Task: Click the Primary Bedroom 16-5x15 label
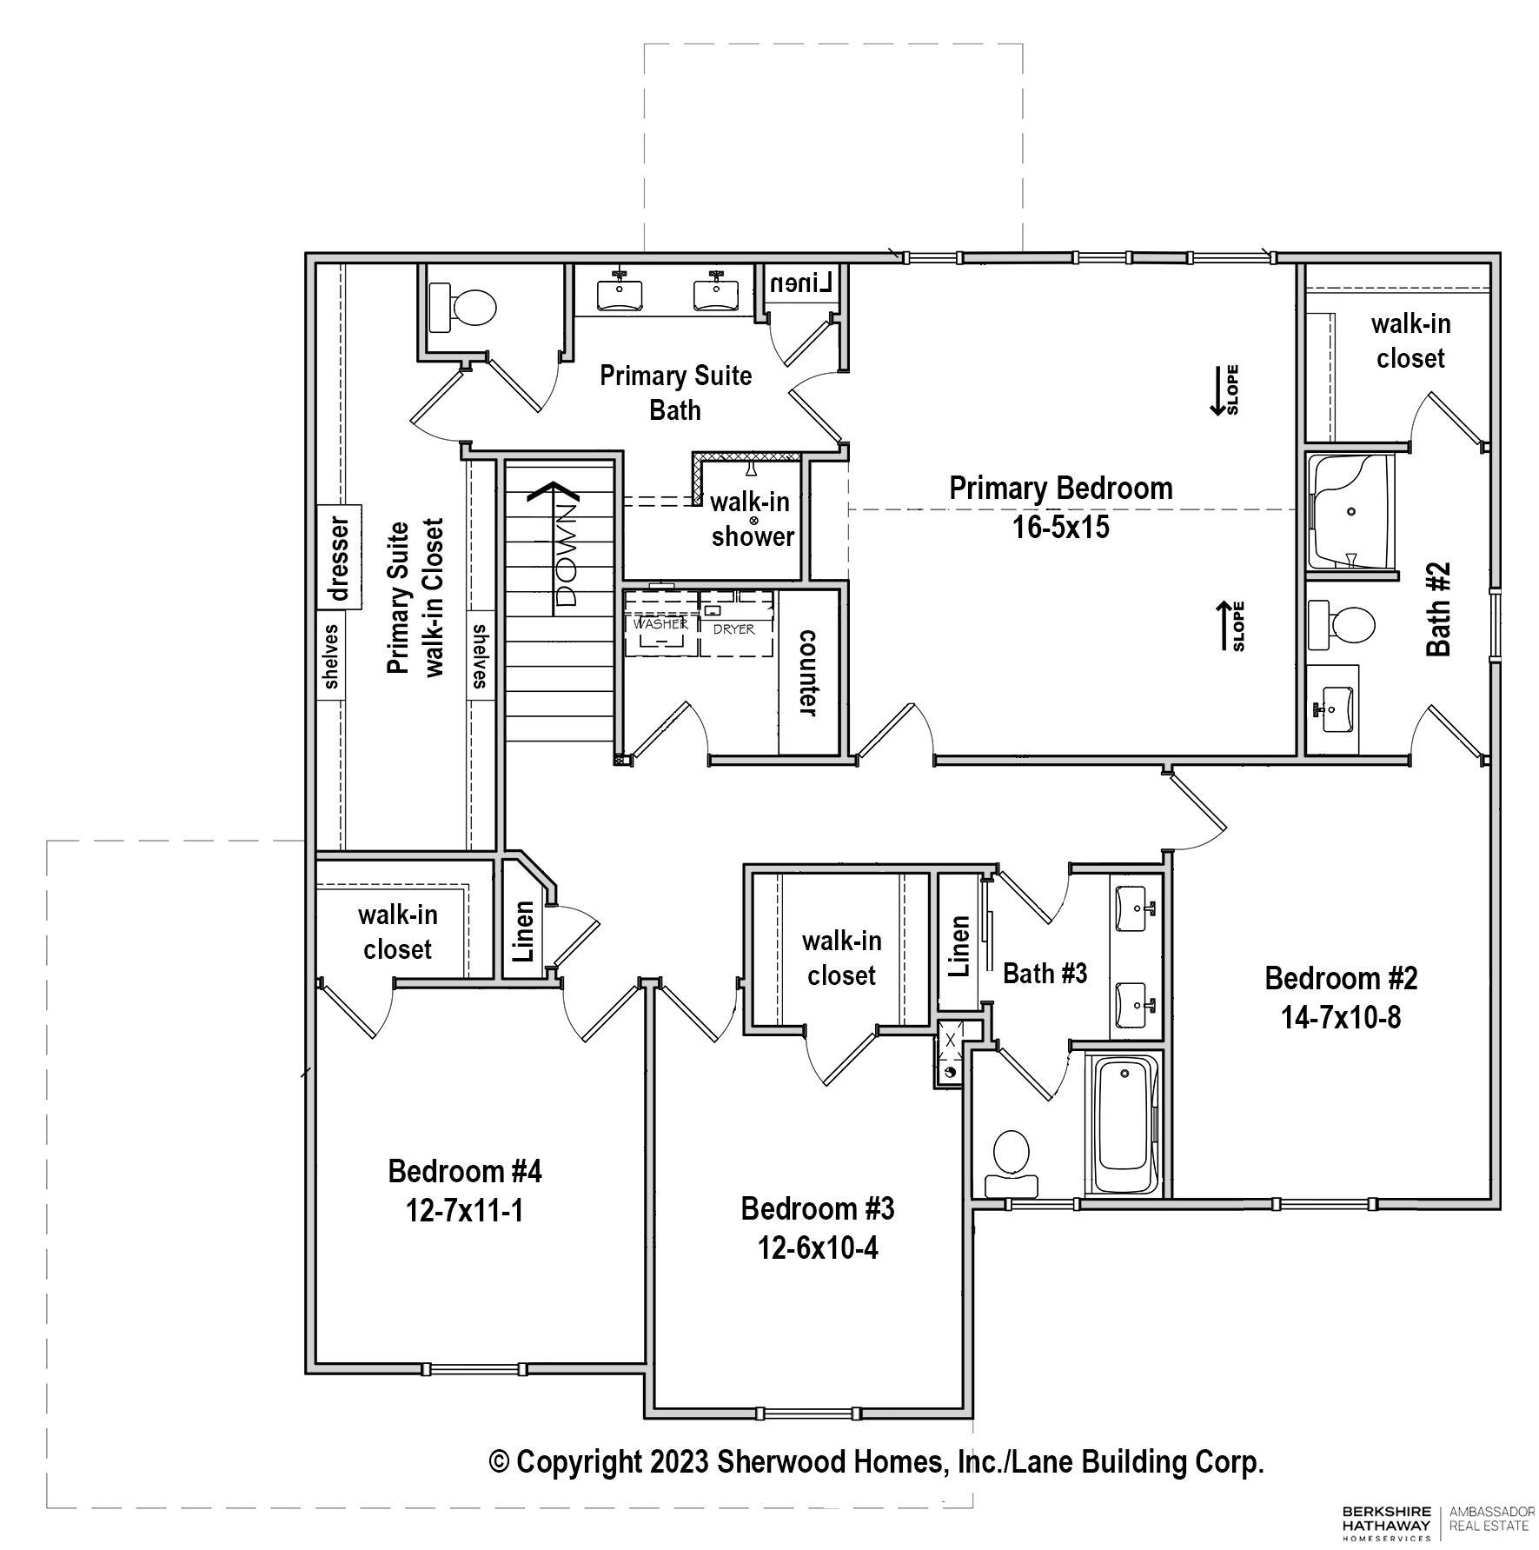1060,507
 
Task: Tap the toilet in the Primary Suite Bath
463,306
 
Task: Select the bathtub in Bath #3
1125,1126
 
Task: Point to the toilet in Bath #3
1011,1162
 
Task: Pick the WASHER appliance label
660,624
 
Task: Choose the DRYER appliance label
733,629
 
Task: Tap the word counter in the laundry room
808,673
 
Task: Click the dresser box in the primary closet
339,557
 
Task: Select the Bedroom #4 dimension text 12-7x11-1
465,1210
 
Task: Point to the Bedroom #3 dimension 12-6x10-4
818,1248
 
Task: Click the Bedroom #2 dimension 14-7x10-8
1341,1017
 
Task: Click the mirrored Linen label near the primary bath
802,283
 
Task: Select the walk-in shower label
753,519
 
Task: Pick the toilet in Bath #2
1341,624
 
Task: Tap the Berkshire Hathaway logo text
1386,1518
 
